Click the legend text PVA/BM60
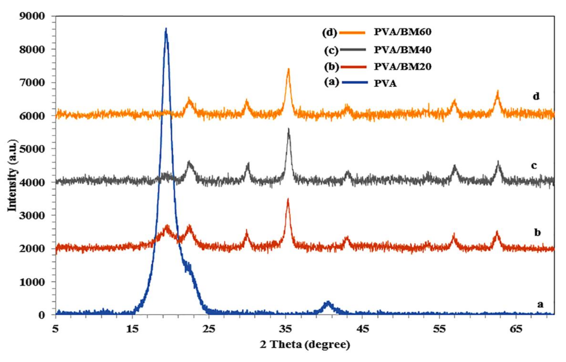(x=402, y=32)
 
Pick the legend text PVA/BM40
(x=402, y=50)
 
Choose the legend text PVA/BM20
(x=402, y=66)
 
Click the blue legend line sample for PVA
(x=354, y=82)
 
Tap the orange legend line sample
(x=352, y=33)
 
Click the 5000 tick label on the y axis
(x=32, y=149)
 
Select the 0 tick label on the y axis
(x=42, y=315)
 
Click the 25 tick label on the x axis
(x=209, y=329)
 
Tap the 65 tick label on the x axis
(x=516, y=329)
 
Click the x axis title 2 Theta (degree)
(x=305, y=345)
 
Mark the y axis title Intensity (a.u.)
(x=13, y=176)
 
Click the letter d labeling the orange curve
(x=536, y=96)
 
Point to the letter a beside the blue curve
(x=540, y=304)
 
